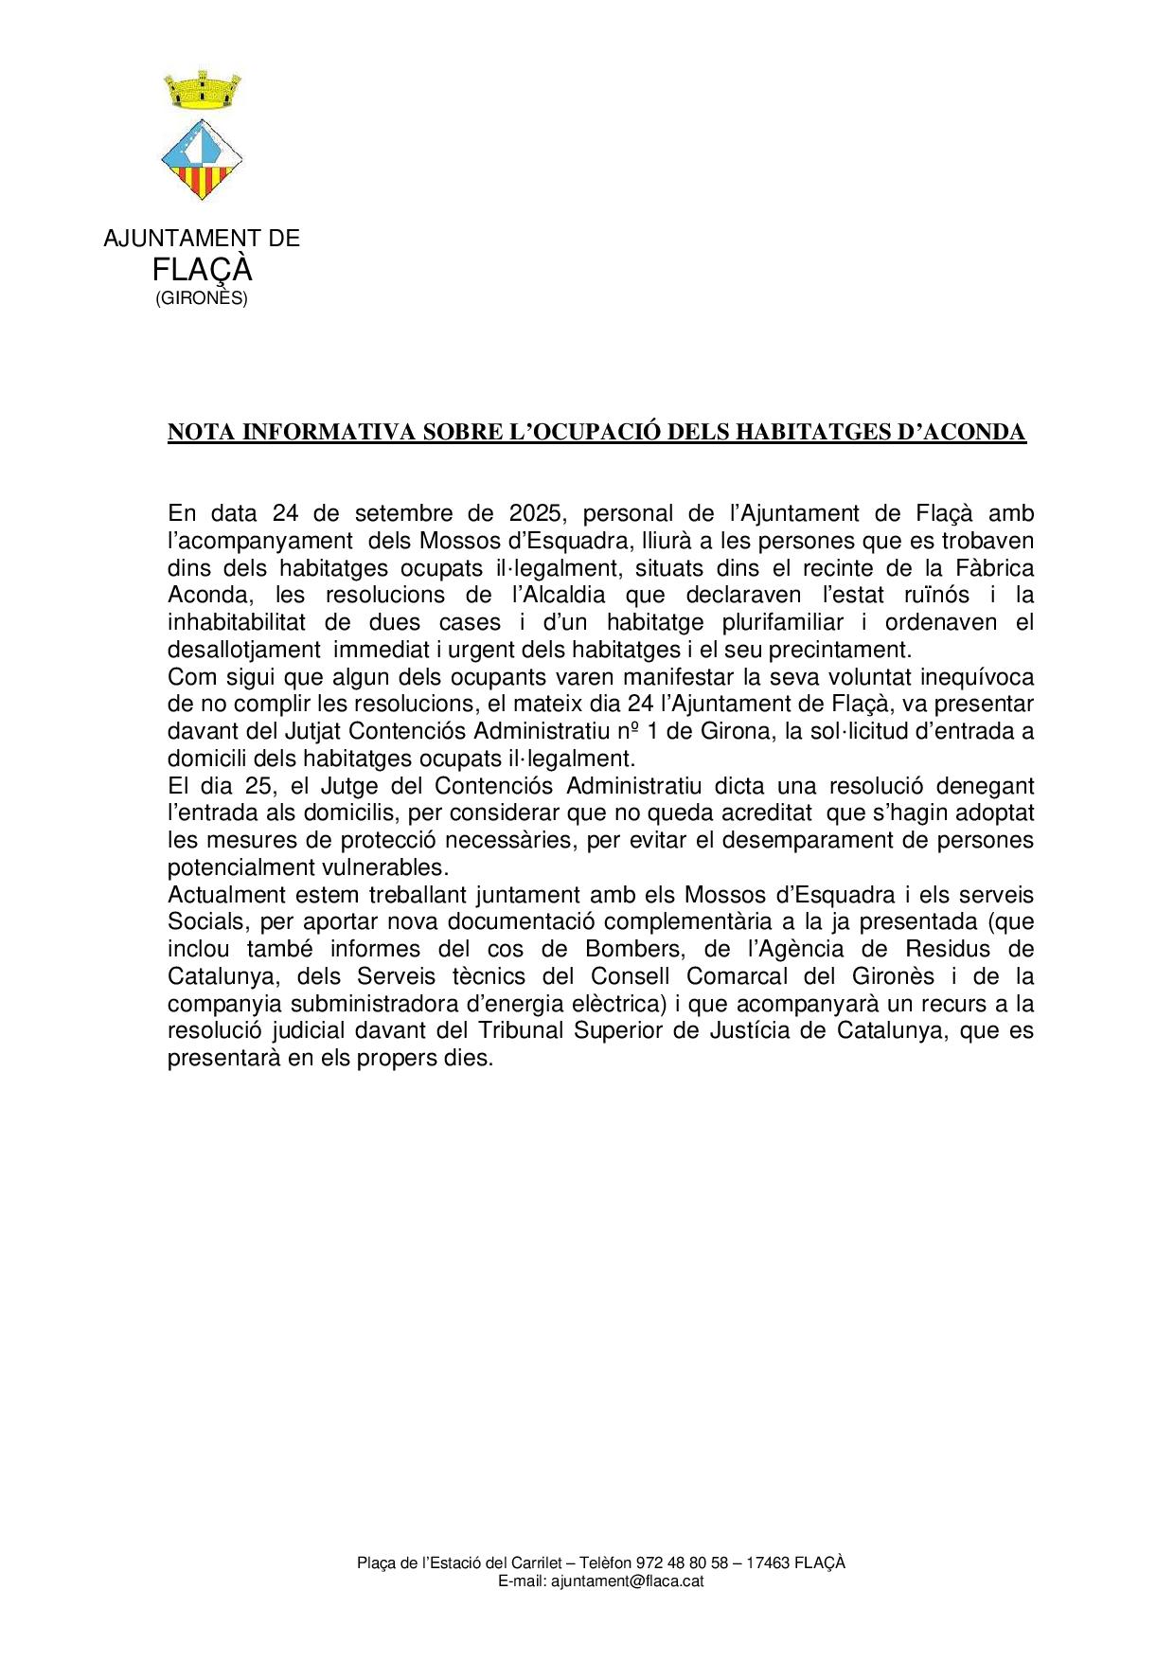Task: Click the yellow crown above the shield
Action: click(202, 91)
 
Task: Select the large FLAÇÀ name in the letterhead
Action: click(202, 271)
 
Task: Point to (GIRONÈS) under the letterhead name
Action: click(202, 299)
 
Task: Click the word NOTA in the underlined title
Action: click(201, 432)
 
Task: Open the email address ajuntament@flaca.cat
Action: click(627, 1581)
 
